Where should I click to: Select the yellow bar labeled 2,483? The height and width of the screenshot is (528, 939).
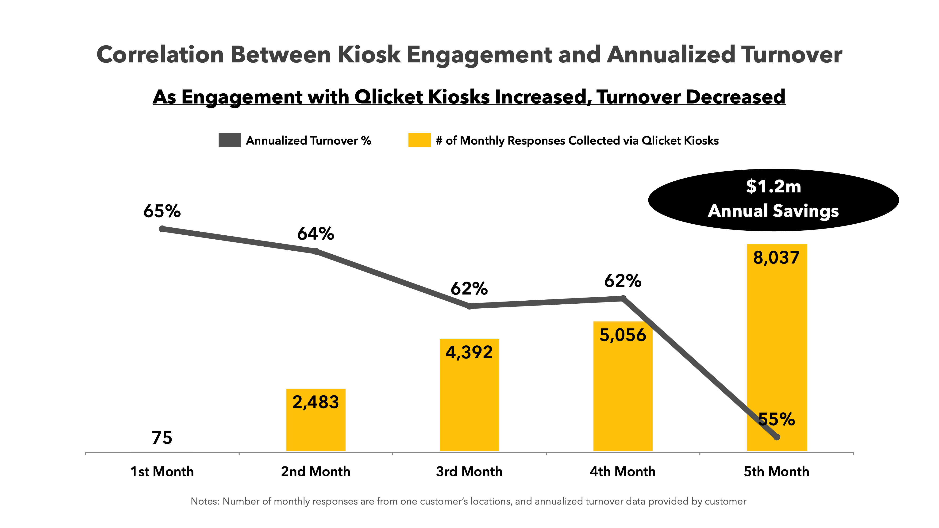tap(316, 426)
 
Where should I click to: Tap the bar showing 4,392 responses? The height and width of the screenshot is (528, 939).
tap(469, 401)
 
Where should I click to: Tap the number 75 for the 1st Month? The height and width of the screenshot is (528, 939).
tap(162, 438)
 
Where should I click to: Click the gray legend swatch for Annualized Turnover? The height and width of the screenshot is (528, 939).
tap(230, 140)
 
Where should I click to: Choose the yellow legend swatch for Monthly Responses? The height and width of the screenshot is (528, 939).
tap(419, 140)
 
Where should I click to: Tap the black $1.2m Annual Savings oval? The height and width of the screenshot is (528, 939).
tap(773, 200)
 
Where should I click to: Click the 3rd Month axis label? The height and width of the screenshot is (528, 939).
tap(469, 471)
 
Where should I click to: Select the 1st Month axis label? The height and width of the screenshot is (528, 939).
tap(162, 471)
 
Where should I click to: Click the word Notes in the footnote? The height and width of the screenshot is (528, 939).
tap(204, 501)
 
